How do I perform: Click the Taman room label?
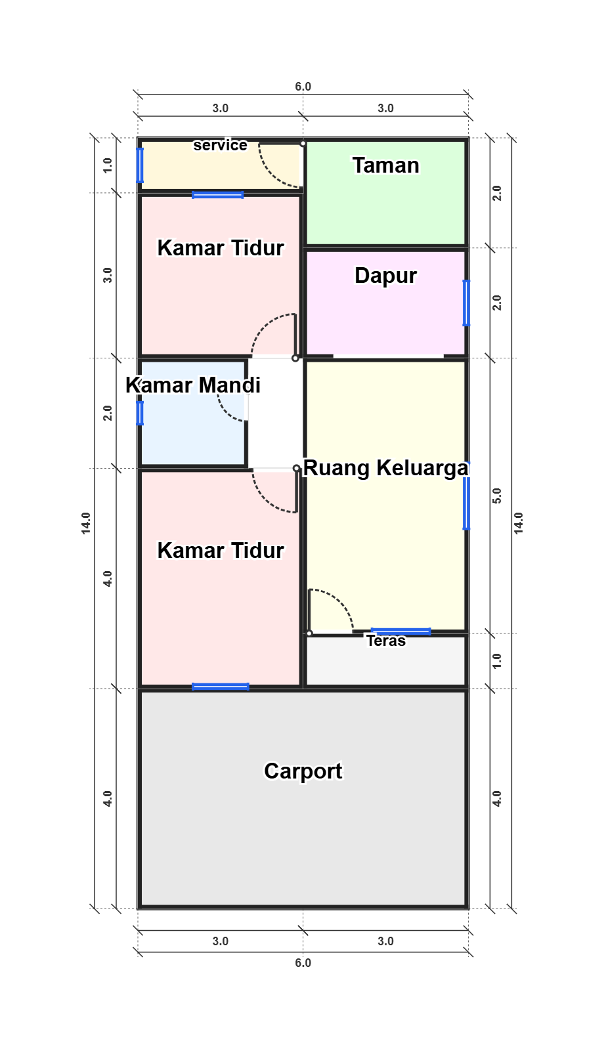(386, 165)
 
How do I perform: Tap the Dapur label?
(386, 276)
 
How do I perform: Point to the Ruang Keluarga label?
(386, 468)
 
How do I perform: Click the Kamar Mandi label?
(192, 385)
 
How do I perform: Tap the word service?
(220, 145)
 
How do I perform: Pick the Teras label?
(386, 641)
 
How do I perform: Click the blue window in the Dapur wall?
(466, 303)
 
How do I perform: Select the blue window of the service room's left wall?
(140, 165)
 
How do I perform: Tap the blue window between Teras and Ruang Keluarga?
(400, 631)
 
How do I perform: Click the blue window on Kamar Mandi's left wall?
(140, 413)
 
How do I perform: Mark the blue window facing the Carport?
(220, 687)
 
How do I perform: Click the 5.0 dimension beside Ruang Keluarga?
(497, 496)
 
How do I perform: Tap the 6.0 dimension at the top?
(303, 87)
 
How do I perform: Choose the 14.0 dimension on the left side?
(86, 523)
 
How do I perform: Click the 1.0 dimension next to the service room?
(108, 165)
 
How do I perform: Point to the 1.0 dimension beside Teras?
(497, 661)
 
